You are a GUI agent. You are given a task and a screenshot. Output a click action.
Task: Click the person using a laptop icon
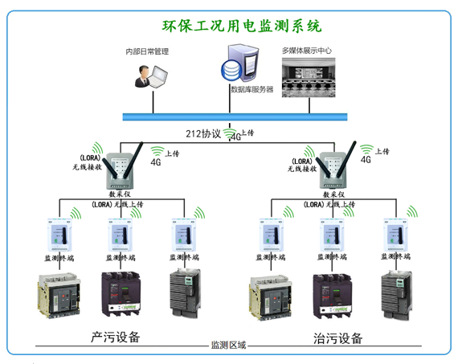[x=150, y=74]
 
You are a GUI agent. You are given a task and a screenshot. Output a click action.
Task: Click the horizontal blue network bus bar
[x=241, y=117]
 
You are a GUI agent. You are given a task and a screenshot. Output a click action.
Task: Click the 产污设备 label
[x=116, y=337]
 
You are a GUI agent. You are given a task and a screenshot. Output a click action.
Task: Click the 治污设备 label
[x=337, y=337]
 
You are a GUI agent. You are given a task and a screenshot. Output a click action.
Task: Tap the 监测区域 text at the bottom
[x=227, y=346]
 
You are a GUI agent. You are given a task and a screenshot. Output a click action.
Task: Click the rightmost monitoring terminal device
[x=396, y=235]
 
